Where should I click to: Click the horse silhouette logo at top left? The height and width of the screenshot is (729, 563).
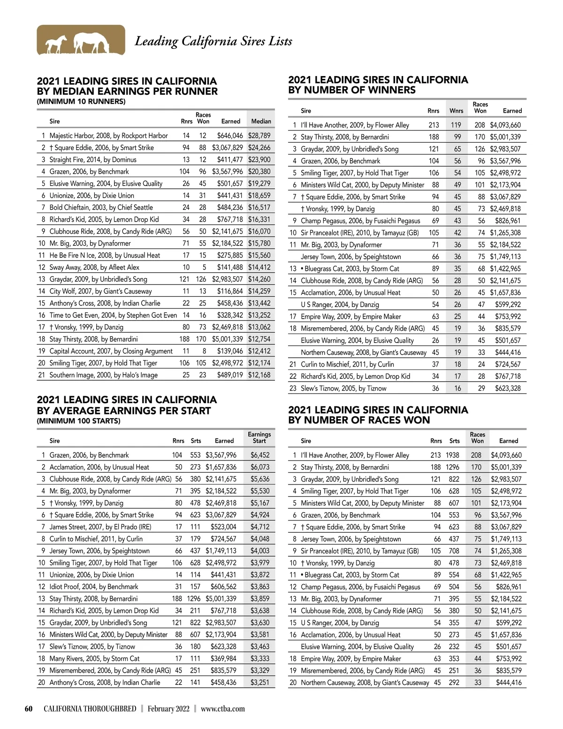click(81, 40)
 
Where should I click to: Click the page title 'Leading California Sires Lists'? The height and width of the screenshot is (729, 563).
click(213, 41)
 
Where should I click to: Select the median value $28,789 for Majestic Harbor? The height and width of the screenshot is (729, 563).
click(259, 136)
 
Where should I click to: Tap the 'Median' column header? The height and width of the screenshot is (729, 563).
click(261, 121)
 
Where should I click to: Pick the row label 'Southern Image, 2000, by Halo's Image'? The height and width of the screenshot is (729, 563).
click(103, 375)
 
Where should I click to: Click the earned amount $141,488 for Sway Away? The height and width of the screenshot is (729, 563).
click(230, 268)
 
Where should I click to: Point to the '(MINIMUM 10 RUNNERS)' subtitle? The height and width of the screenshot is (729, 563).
click(81, 101)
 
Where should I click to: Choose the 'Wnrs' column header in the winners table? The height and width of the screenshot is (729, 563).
click(456, 111)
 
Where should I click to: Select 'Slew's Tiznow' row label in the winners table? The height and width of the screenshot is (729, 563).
click(343, 388)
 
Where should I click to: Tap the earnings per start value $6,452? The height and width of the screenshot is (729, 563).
click(260, 455)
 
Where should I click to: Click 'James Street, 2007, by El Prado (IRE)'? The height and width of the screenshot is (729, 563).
click(100, 527)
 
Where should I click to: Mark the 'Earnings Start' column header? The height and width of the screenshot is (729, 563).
click(259, 437)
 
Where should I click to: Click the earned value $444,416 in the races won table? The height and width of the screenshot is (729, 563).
click(509, 683)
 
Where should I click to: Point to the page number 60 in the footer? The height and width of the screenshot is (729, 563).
click(29, 709)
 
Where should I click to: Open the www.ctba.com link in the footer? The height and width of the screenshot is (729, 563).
click(223, 709)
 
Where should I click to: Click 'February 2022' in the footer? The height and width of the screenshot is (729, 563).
click(168, 709)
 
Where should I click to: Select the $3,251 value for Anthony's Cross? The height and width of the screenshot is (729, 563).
click(260, 683)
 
